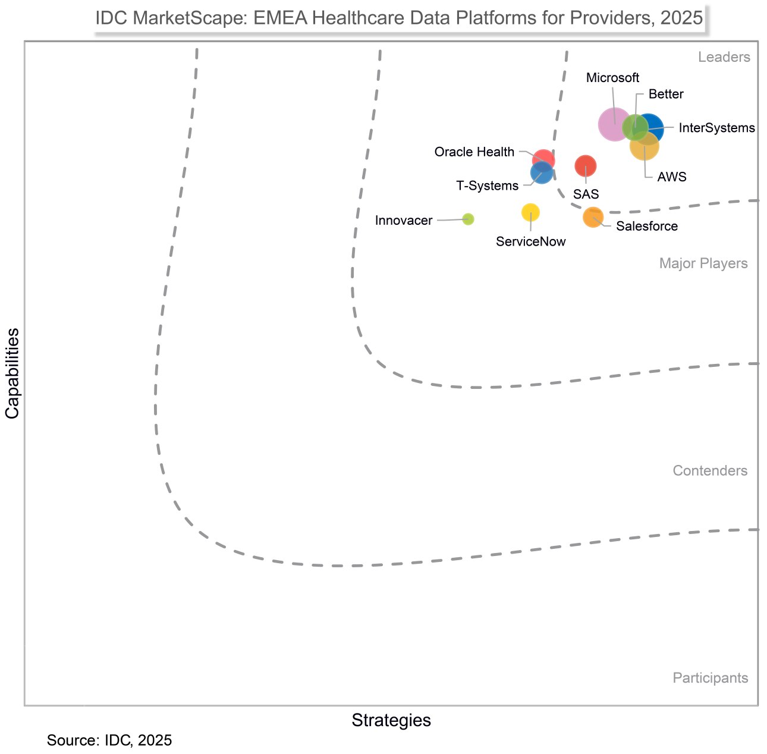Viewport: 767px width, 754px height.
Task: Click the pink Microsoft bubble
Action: (x=614, y=124)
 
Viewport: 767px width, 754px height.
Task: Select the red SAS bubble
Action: (x=586, y=166)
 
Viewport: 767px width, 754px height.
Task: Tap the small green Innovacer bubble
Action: (x=469, y=219)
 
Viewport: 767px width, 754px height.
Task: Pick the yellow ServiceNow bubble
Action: (x=530, y=212)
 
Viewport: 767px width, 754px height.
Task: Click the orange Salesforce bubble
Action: (x=593, y=217)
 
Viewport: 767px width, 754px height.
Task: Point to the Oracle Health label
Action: (x=474, y=152)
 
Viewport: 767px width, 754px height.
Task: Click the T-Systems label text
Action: (x=487, y=186)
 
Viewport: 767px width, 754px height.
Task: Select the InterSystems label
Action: (x=716, y=128)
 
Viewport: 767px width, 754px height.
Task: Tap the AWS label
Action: (x=672, y=177)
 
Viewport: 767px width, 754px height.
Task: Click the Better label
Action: (x=666, y=95)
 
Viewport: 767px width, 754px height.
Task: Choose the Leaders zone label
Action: (x=724, y=58)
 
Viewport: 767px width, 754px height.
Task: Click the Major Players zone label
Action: (x=703, y=263)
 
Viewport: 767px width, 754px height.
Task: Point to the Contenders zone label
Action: (x=710, y=471)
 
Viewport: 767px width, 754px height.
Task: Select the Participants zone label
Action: (x=710, y=678)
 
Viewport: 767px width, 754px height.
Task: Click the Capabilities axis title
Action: (x=12, y=373)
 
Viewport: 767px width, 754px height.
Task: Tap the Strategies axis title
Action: (x=391, y=721)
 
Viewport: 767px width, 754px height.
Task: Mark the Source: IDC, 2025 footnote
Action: (x=109, y=741)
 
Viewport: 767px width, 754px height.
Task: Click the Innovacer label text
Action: (x=404, y=221)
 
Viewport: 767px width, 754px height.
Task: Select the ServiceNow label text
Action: (x=530, y=242)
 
